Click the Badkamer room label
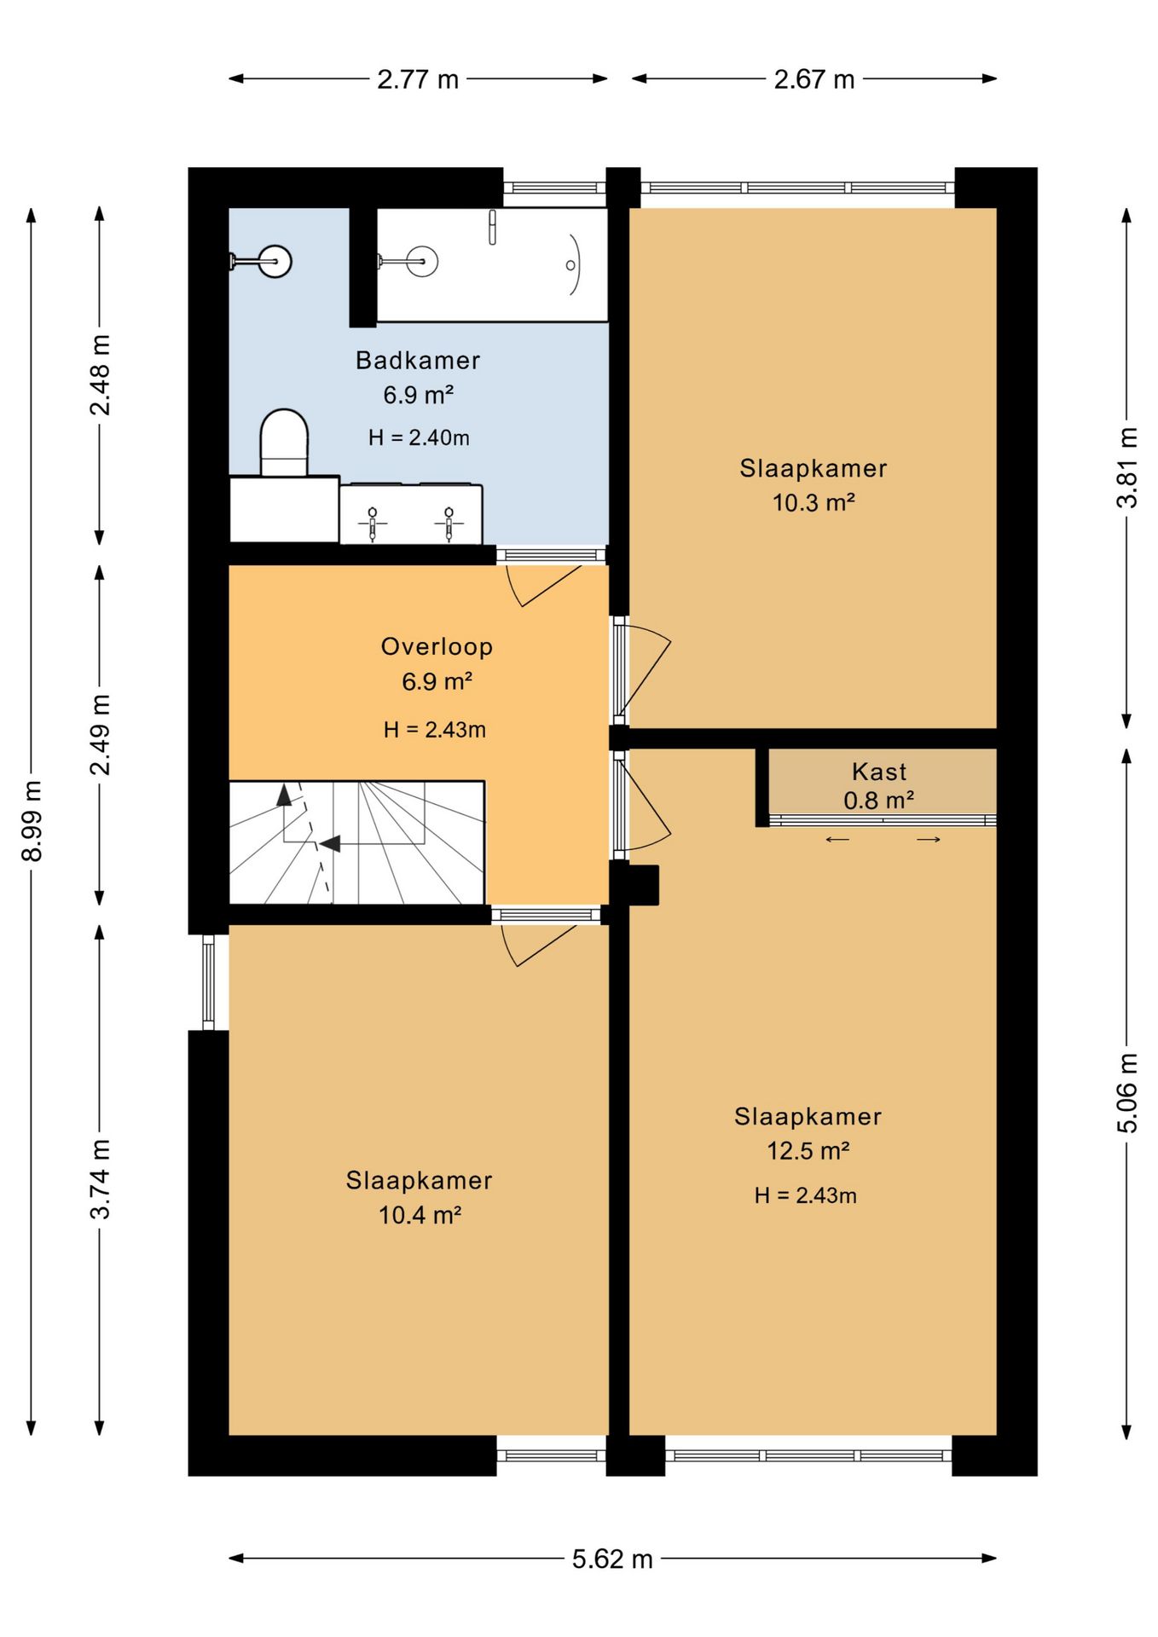pyautogui.click(x=418, y=360)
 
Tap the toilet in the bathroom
pyautogui.click(x=284, y=443)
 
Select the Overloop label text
pyautogui.click(x=437, y=646)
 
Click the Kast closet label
pyautogui.click(x=879, y=772)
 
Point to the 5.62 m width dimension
pyautogui.click(x=612, y=1559)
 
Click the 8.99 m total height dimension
pyautogui.click(x=32, y=821)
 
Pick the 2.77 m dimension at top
pyautogui.click(x=418, y=79)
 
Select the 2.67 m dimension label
pyautogui.click(x=814, y=79)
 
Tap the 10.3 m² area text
pyautogui.click(x=813, y=502)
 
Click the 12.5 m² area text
pyautogui.click(x=808, y=1150)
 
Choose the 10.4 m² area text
pyautogui.click(x=420, y=1214)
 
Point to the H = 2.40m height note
pyautogui.click(x=419, y=437)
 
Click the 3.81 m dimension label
pyautogui.click(x=1127, y=468)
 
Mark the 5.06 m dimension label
pyautogui.click(x=1127, y=1093)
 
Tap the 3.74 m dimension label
pyautogui.click(x=100, y=1179)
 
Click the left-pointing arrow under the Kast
pyautogui.click(x=837, y=840)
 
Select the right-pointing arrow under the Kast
pyautogui.click(x=929, y=840)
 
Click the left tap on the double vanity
pyautogui.click(x=372, y=523)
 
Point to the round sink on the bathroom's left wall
pyautogui.click(x=275, y=261)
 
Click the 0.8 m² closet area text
pyautogui.click(x=878, y=801)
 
